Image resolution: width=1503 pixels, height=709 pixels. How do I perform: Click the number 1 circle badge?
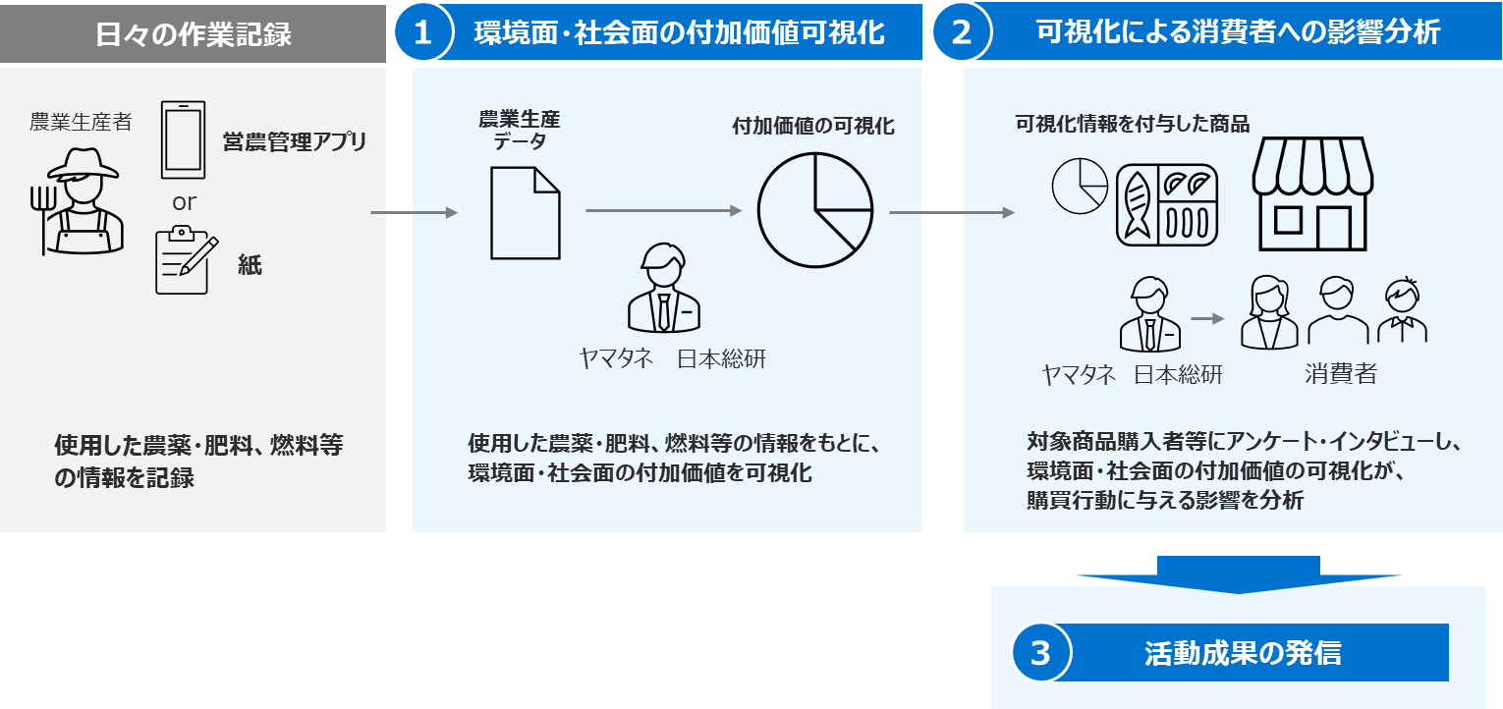point(422,32)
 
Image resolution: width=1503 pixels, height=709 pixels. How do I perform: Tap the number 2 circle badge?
point(962,32)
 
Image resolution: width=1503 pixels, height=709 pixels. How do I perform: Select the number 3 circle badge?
point(1040,653)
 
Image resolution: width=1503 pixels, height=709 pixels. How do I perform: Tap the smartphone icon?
point(184,140)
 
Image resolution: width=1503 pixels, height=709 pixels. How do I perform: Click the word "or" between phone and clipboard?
point(185,203)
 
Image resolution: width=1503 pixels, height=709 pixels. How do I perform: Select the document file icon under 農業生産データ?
point(526,213)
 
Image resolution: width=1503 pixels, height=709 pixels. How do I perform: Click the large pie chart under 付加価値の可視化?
point(814,210)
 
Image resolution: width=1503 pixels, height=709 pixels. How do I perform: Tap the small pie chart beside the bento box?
point(1079,186)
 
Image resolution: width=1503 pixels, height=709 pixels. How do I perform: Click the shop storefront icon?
point(1311,193)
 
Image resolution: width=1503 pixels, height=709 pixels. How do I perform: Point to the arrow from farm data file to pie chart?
point(663,210)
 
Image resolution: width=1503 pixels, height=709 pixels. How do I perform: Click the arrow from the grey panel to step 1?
point(414,212)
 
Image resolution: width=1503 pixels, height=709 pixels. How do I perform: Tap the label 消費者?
point(1340,374)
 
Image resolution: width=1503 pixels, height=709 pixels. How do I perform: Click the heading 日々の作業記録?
point(194,34)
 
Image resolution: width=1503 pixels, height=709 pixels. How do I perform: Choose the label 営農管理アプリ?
point(295,141)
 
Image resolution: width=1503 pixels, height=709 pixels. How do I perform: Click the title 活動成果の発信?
point(1243,653)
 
